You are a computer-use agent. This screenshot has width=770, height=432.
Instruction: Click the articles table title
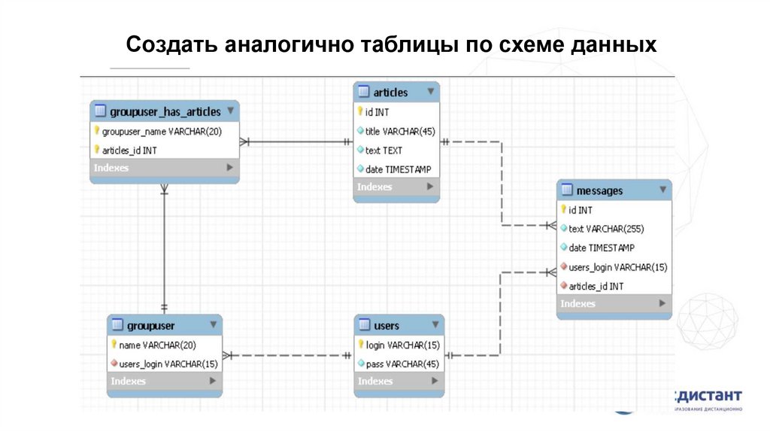pyautogui.click(x=390, y=93)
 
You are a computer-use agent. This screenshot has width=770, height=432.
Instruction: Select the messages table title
pyautogui.click(x=599, y=190)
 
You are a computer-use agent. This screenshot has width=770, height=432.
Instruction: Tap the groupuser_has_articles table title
pyautogui.click(x=165, y=111)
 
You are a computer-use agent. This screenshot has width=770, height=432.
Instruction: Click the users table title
pyautogui.click(x=387, y=325)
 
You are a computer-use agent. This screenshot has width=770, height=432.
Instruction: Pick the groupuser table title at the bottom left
pyautogui.click(x=150, y=325)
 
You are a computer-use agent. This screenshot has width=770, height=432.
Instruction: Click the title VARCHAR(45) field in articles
pyautogui.click(x=400, y=131)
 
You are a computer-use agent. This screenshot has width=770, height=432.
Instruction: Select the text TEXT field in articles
pyautogui.click(x=383, y=150)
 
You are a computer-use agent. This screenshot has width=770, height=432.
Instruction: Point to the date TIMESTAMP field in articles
pyautogui.click(x=398, y=169)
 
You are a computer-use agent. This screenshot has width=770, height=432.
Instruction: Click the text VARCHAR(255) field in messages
pyautogui.click(x=606, y=229)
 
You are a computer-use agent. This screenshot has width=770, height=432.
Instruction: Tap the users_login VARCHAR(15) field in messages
pyautogui.click(x=617, y=266)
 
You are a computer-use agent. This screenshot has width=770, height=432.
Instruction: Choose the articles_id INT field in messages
pyautogui.click(x=596, y=286)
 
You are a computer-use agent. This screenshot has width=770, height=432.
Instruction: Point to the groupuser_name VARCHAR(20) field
pyautogui.click(x=162, y=131)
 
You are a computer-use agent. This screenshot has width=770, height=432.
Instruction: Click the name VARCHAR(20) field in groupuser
pyautogui.click(x=157, y=345)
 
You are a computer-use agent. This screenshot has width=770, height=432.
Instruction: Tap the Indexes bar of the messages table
pyautogui.click(x=613, y=303)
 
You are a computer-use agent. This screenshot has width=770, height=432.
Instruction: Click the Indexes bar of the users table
pyautogui.click(x=399, y=382)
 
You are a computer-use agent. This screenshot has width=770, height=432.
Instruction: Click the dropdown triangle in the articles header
pyautogui.click(x=430, y=92)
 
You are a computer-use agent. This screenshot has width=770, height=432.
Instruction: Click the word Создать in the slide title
pyautogui.click(x=171, y=45)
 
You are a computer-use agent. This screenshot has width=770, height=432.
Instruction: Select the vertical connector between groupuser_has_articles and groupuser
pyautogui.click(x=164, y=248)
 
